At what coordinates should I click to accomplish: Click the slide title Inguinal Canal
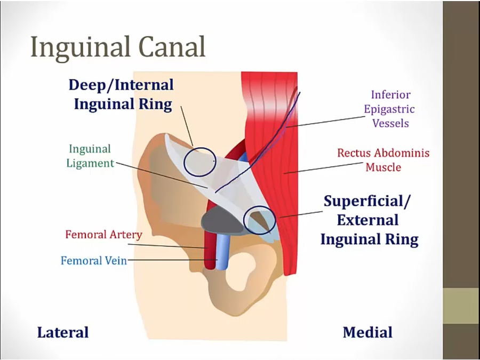pyautogui.click(x=118, y=47)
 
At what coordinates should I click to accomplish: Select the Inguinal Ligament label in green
pyautogui.click(x=90, y=156)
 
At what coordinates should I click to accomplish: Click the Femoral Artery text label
pyautogui.click(x=103, y=235)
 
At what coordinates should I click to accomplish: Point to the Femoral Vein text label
pyautogui.click(x=94, y=261)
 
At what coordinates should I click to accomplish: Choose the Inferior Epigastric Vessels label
pyautogui.click(x=389, y=109)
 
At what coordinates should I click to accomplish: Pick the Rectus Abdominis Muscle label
pyautogui.click(x=383, y=160)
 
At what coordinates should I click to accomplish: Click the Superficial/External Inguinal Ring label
pyautogui.click(x=369, y=220)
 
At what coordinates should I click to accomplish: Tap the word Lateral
pyautogui.click(x=62, y=333)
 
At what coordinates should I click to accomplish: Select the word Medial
pyautogui.click(x=367, y=333)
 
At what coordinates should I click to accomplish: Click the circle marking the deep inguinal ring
pyautogui.click(x=200, y=161)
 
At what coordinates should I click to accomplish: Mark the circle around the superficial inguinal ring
pyautogui.click(x=259, y=220)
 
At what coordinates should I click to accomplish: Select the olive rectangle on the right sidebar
pyautogui.click(x=461, y=306)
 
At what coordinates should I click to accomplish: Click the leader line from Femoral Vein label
pyautogui.click(x=171, y=260)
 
